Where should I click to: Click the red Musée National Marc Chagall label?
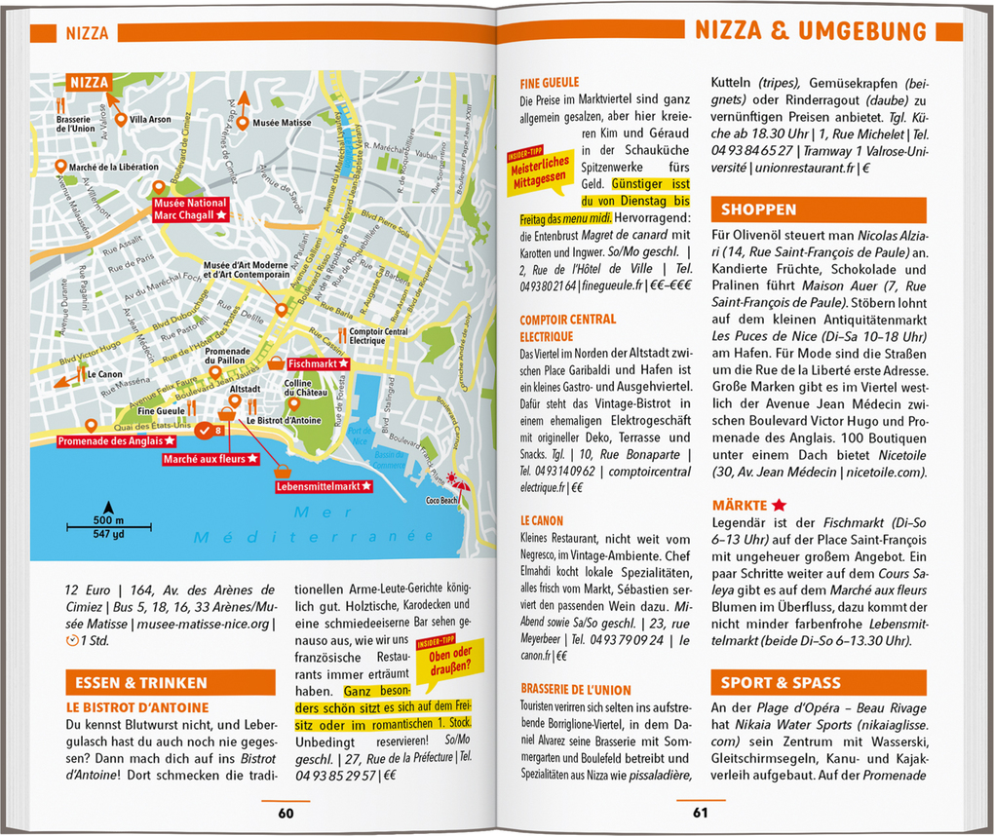[190, 209]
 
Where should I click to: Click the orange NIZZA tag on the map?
[89, 83]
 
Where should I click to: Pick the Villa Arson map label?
[150, 120]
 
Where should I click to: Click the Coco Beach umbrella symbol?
[456, 480]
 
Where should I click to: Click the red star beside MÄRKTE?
[779, 505]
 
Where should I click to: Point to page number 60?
[286, 814]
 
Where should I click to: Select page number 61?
[701, 814]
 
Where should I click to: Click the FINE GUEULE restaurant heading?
[550, 83]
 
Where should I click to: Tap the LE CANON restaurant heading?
[542, 521]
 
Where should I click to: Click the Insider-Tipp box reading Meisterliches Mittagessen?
[538, 172]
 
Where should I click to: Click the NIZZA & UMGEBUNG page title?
[811, 31]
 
